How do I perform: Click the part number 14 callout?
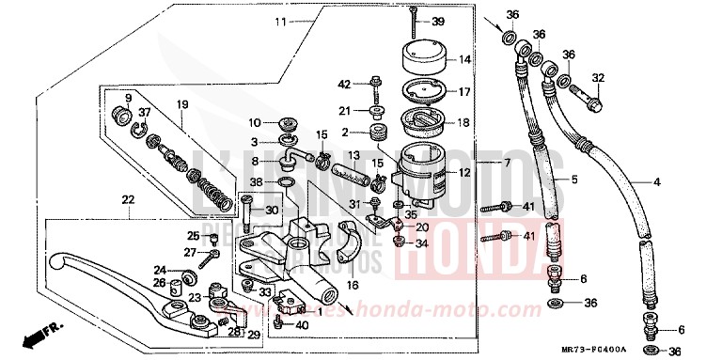(463, 59)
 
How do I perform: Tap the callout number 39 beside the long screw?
(463, 21)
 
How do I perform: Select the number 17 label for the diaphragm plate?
(463, 92)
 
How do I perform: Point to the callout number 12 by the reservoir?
(463, 172)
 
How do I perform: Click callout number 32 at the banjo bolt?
(598, 78)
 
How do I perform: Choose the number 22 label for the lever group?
(128, 198)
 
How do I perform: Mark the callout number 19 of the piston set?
(182, 103)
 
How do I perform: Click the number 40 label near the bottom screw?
(301, 325)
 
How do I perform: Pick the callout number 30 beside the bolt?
(273, 210)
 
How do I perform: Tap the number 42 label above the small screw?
(344, 84)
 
